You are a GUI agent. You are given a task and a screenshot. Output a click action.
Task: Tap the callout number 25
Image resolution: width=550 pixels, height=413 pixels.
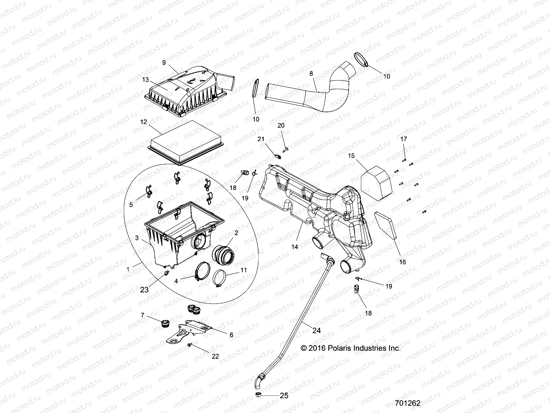click(x=284, y=396)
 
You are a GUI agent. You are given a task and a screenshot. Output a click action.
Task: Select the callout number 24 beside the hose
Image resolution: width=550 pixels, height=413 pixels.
click(x=317, y=330)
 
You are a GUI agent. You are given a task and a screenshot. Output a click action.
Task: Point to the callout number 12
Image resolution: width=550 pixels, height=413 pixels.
click(x=144, y=122)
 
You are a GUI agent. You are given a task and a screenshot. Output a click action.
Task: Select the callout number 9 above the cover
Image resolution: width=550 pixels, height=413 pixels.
click(x=164, y=63)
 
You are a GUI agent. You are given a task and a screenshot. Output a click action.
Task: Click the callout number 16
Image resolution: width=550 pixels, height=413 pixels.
click(x=402, y=262)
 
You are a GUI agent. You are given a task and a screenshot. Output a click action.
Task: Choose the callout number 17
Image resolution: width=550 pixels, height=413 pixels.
click(x=404, y=139)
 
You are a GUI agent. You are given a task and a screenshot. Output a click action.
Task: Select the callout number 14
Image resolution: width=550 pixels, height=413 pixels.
click(x=295, y=247)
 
